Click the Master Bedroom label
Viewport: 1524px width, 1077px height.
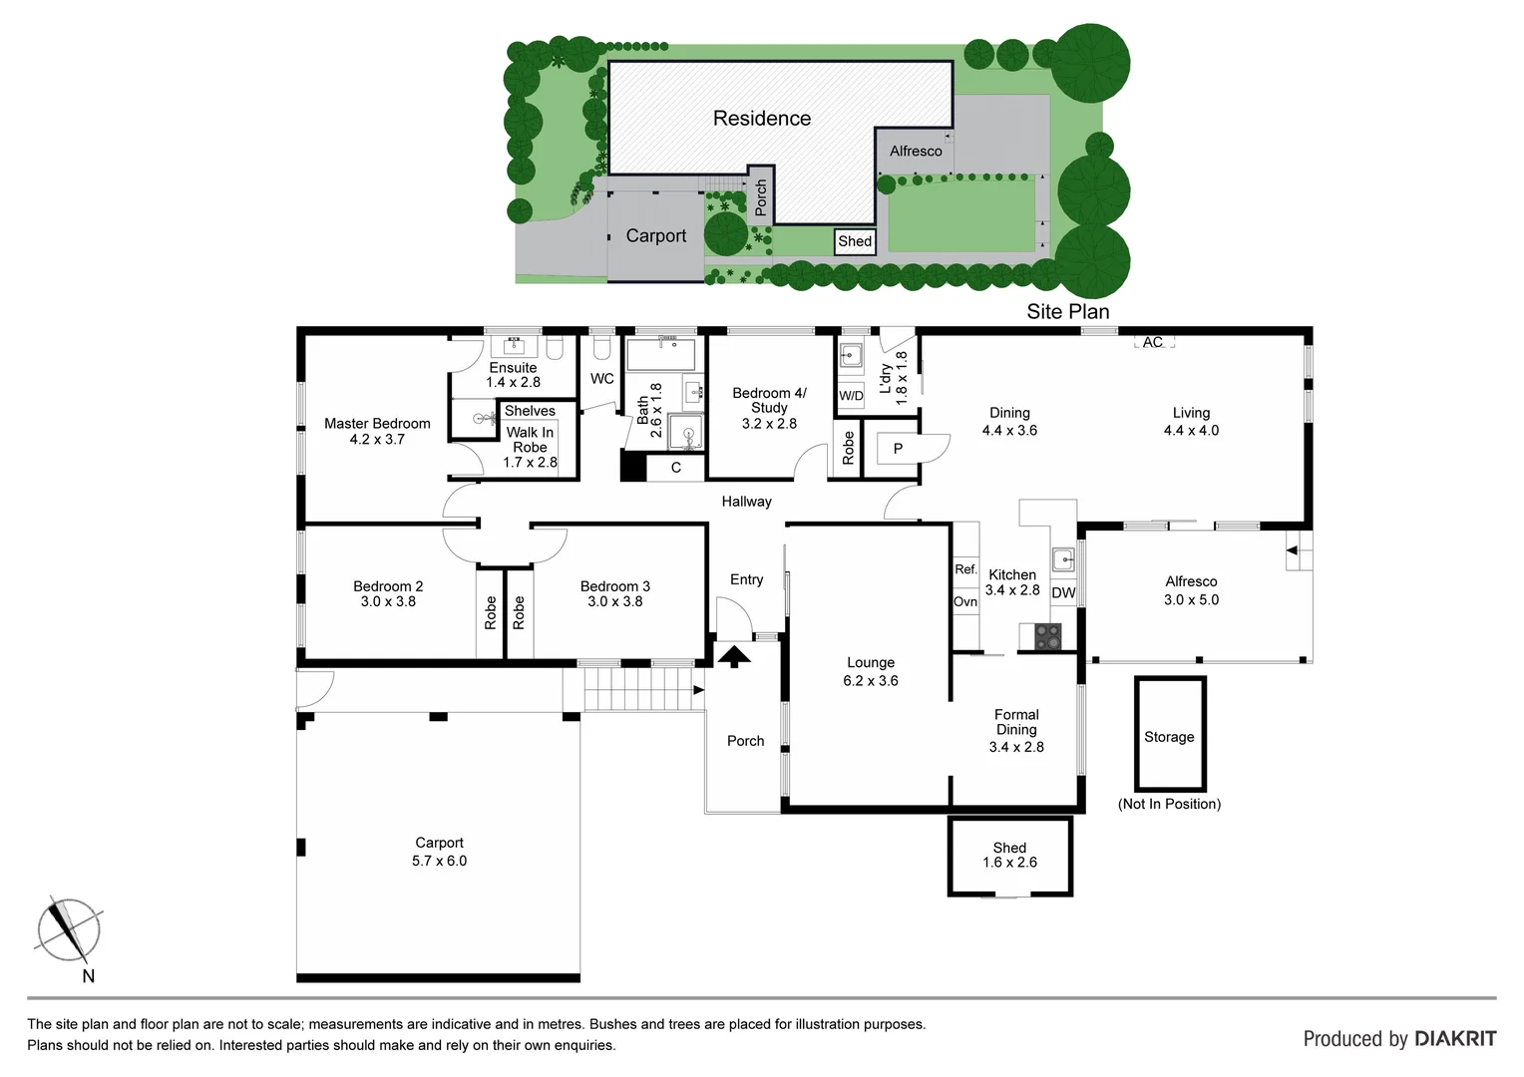coord(377,424)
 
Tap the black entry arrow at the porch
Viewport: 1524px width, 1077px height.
coord(734,656)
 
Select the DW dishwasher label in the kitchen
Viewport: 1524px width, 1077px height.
coord(1063,592)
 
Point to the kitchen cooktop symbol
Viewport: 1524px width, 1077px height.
coord(1047,635)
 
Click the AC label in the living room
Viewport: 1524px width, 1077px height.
coord(1153,342)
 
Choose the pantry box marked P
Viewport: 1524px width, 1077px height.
coord(898,449)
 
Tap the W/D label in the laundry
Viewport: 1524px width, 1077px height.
coord(851,396)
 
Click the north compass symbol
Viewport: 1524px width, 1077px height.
coord(68,929)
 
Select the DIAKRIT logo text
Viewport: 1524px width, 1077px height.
coord(1455,1039)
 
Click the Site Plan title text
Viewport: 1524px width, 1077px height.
coord(1067,311)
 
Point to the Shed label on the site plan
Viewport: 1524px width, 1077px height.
coord(855,241)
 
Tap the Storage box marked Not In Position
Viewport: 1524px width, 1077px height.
coord(1169,736)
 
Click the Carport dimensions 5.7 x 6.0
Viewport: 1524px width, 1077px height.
coord(439,861)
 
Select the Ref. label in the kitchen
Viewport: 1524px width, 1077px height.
coord(965,569)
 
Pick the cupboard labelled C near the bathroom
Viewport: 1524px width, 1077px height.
coord(675,468)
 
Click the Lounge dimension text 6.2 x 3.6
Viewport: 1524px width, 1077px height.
coord(870,681)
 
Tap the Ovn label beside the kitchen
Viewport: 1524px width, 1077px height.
coord(965,601)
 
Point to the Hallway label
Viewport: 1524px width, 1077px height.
coord(746,502)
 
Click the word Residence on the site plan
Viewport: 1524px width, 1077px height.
coord(761,119)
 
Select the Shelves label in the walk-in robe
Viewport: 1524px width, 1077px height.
coord(530,411)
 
